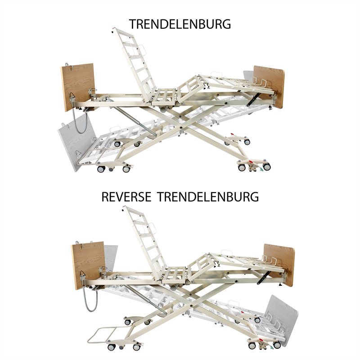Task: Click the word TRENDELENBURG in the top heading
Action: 180,24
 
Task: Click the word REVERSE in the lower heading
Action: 126,197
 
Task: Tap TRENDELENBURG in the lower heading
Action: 208,197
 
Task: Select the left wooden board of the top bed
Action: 77,87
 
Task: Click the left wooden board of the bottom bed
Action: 88,265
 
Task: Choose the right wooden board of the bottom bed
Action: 279,265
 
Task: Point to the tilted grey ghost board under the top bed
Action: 76,142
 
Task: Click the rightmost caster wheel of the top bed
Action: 266,166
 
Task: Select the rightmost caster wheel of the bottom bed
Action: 277,345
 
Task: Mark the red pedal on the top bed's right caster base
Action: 252,162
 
